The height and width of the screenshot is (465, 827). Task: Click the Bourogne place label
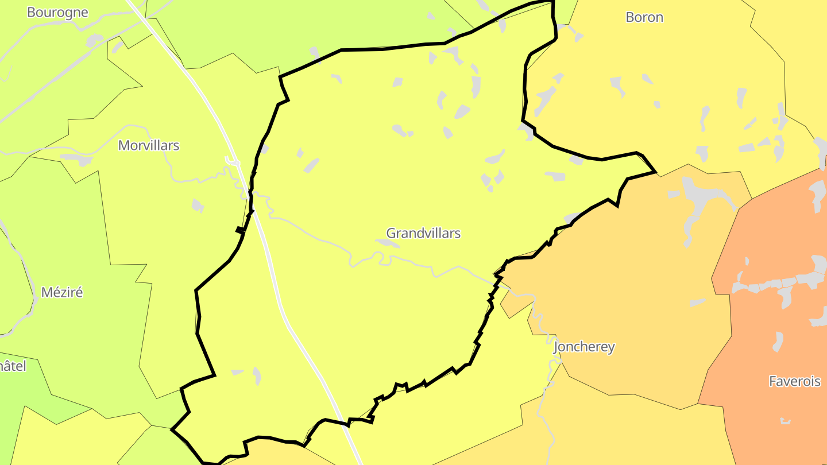point(57,12)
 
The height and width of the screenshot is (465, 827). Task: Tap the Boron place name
point(644,17)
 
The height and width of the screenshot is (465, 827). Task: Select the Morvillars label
point(149,145)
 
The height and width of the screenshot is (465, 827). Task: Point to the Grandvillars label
point(423,233)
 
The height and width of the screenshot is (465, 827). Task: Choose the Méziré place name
point(62,292)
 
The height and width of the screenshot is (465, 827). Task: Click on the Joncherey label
point(584,347)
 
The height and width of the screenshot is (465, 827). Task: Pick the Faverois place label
point(795,381)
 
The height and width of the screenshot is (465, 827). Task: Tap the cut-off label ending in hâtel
point(13,366)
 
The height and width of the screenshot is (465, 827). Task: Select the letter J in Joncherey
point(556,347)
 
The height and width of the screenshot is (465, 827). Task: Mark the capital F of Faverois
point(773,381)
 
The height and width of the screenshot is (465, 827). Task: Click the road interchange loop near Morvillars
point(233,161)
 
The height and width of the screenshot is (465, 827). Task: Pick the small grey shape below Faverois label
point(785,421)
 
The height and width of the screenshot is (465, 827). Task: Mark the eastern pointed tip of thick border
point(655,171)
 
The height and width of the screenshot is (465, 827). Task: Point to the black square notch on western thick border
point(239,230)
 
